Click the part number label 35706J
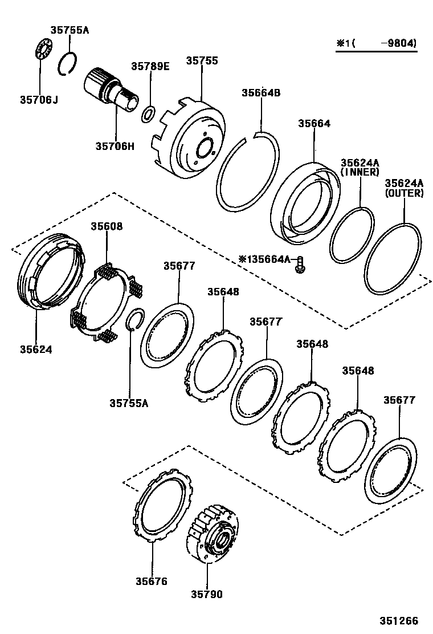[39, 100]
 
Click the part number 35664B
[261, 93]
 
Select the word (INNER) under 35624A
[360, 172]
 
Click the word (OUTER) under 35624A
[404, 193]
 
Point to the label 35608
[107, 226]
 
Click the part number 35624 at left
[35, 349]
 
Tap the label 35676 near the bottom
[152, 581]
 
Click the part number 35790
[206, 594]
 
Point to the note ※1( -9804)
[376, 43]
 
